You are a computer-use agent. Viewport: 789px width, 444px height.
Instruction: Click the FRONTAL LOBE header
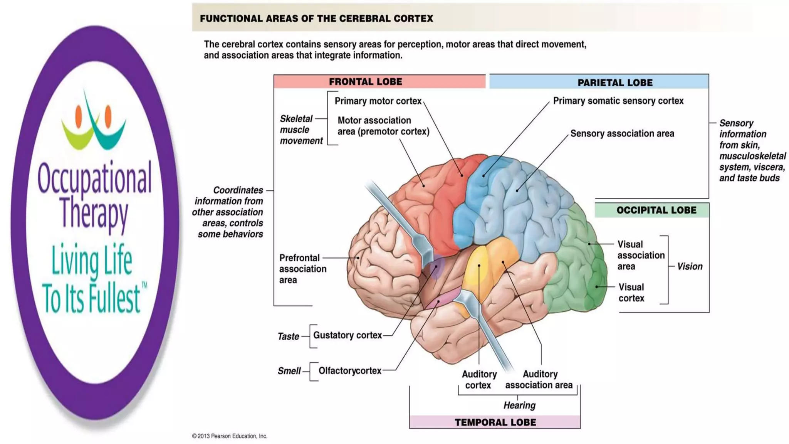365,82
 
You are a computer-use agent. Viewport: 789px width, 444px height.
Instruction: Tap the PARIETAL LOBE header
615,82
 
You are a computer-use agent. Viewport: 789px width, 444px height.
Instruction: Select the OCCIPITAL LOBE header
656,210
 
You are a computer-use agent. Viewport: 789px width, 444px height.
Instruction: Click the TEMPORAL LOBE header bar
495,422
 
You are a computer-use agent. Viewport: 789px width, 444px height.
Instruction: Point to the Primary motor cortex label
378,101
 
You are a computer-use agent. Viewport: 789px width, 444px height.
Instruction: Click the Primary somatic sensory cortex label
618,101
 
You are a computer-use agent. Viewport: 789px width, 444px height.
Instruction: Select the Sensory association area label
622,134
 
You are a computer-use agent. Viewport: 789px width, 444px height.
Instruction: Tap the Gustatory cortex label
347,335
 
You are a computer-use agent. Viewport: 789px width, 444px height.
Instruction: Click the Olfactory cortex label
349,371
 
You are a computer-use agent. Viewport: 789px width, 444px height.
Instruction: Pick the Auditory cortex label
479,380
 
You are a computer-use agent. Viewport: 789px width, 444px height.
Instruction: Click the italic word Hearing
519,405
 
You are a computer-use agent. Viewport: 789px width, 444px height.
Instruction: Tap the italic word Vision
690,266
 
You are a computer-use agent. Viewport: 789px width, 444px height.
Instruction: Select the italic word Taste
288,336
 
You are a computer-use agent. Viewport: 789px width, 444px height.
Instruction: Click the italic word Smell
289,371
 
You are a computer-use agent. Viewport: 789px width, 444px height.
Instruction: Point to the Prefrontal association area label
302,269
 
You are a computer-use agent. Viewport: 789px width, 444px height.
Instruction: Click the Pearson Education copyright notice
230,436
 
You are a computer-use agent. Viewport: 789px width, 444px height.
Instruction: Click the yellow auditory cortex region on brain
476,270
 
